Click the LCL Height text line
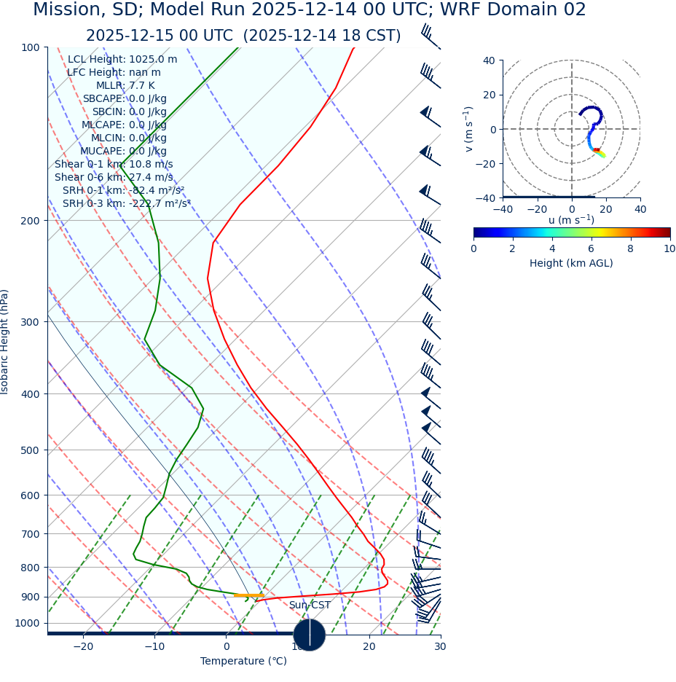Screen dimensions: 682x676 point(122,60)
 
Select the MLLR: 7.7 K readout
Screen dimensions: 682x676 point(125,86)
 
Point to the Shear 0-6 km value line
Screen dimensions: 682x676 point(114,178)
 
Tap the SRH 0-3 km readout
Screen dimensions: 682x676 point(126,204)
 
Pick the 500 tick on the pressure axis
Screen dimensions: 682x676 point(30,450)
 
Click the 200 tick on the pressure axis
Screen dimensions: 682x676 point(30,221)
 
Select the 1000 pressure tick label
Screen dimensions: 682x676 point(27,624)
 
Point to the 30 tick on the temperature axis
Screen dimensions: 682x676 point(440,646)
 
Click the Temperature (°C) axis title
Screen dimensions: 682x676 point(244,662)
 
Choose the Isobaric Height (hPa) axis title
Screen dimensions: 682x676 point(5,342)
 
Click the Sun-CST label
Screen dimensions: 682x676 point(310,605)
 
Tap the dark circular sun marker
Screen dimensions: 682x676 point(310,635)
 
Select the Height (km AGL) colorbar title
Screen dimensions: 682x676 point(571,263)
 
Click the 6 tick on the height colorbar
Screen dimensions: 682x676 point(591,248)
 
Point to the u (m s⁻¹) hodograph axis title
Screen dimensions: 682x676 point(571,220)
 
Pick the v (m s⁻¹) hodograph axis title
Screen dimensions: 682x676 point(469,129)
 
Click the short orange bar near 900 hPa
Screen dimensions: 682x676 point(248,595)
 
